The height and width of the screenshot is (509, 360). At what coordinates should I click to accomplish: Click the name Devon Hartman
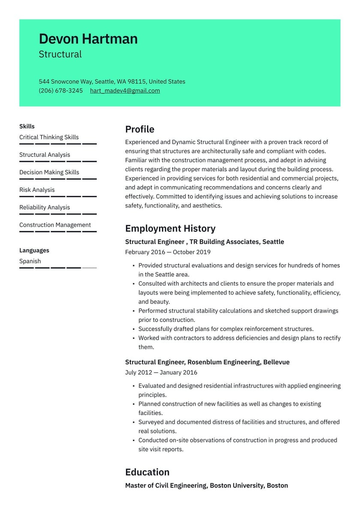[x=88, y=39]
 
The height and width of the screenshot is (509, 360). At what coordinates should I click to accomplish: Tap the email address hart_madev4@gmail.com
[x=125, y=91]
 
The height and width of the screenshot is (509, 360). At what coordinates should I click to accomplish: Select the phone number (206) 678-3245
[x=60, y=91]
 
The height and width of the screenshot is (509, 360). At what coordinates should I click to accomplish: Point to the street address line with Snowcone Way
[x=112, y=81]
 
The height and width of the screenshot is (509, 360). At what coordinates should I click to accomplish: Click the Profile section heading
[x=140, y=130]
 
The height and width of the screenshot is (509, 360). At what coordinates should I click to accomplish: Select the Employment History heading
[x=170, y=229]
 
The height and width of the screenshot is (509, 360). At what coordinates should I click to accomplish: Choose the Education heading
[x=147, y=472]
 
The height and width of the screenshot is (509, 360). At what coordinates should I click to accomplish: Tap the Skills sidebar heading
[x=27, y=126]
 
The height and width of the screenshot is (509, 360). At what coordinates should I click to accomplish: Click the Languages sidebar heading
[x=34, y=250]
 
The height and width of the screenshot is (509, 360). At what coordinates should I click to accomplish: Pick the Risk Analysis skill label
[x=37, y=190]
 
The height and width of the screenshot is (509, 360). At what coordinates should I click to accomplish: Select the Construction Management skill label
[x=55, y=225]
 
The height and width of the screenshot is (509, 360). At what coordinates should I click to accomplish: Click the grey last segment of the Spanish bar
[x=89, y=268]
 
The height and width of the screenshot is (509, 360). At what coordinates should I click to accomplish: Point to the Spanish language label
[x=30, y=261]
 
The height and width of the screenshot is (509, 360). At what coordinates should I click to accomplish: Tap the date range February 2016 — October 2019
[x=168, y=252]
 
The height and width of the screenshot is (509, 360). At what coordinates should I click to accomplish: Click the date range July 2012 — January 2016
[x=161, y=373]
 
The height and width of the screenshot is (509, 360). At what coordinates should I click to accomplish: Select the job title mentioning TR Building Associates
[x=204, y=242]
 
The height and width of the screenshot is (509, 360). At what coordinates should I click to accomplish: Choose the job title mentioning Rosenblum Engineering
[x=207, y=362]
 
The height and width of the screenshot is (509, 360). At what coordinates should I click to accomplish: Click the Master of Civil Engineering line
[x=206, y=486]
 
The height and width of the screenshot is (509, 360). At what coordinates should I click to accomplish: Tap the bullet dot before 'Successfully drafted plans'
[x=134, y=329]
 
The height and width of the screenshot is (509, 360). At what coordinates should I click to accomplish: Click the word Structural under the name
[x=60, y=54]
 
